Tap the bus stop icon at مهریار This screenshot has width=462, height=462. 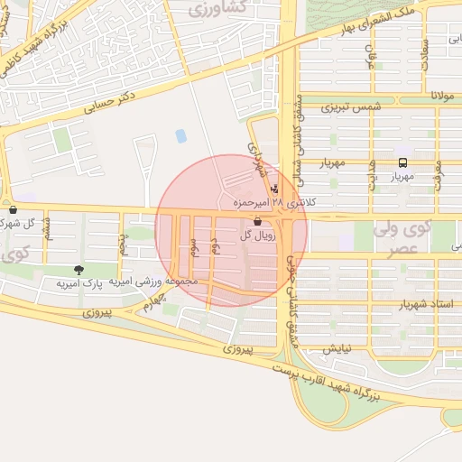point(402,163)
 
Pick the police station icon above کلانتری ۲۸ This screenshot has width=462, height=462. point(274,189)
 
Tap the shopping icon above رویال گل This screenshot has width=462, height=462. point(258,221)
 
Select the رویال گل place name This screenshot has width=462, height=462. point(257,235)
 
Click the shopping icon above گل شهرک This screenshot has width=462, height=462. point(13,209)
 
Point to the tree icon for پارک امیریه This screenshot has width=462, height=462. point(79,269)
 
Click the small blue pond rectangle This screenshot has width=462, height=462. point(181,136)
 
